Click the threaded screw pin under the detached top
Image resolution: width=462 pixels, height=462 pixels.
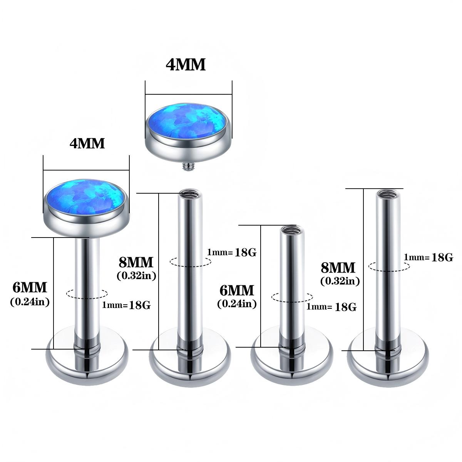[189, 167]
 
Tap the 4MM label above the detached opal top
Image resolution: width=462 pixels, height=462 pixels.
[186, 65]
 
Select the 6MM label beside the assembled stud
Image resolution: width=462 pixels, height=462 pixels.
[30, 288]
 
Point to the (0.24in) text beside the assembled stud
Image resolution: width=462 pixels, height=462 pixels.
[30, 301]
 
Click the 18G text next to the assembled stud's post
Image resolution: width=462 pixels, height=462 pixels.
[140, 305]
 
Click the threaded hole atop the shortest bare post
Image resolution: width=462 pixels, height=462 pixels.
[292, 230]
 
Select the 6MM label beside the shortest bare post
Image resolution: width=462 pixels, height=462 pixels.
[237, 290]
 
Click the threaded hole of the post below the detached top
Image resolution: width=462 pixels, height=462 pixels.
[189, 192]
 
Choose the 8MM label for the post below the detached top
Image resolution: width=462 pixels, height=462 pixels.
[136, 262]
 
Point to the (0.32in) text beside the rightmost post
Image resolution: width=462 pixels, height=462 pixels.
[340, 281]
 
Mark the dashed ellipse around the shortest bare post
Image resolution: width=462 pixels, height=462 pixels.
[292, 297]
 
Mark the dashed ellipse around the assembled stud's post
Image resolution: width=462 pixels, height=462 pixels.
[87, 294]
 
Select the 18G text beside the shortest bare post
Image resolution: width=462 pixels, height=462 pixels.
[345, 307]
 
